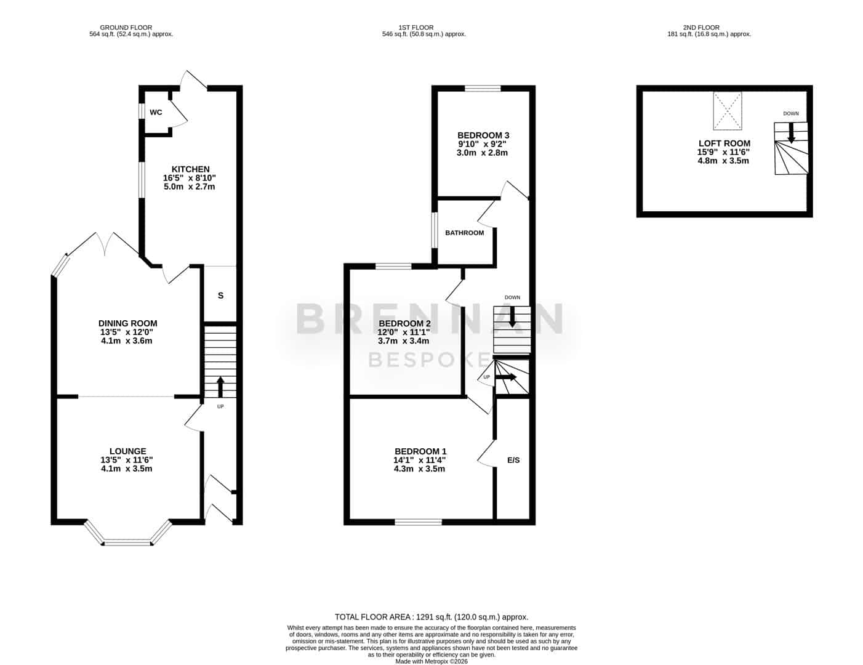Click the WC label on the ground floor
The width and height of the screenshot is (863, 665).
(x=156, y=113)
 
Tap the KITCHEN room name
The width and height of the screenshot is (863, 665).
(x=191, y=169)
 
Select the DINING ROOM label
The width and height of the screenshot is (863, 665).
(x=128, y=323)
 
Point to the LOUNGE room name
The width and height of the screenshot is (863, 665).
(x=128, y=451)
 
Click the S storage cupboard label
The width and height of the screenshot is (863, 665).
(x=221, y=296)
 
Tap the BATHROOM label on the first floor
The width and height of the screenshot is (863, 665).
(x=465, y=233)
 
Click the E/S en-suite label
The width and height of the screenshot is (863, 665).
(x=513, y=461)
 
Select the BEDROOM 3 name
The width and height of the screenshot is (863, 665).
(x=483, y=135)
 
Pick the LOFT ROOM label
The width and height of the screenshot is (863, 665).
(x=725, y=143)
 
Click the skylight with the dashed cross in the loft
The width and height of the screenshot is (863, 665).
(x=727, y=111)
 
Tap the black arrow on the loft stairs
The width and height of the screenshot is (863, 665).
(x=791, y=132)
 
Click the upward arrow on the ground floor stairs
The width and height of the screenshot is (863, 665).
(x=220, y=387)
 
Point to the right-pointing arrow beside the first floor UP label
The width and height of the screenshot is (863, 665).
(x=505, y=377)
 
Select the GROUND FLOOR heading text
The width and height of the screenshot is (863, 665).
(x=126, y=28)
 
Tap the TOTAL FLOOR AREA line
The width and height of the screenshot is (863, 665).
(x=431, y=617)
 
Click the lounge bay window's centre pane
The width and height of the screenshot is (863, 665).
(x=128, y=542)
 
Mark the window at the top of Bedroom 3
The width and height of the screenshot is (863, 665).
(x=483, y=89)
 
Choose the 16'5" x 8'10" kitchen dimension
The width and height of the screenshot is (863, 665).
(x=190, y=178)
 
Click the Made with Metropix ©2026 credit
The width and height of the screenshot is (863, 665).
(x=431, y=661)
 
